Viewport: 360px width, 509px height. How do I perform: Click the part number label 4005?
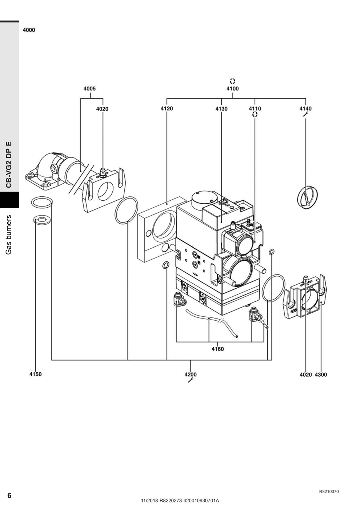(89, 89)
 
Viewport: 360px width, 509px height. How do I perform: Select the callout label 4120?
(167, 109)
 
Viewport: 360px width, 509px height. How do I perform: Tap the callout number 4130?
(221, 109)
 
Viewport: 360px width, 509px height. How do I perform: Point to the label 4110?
(255, 109)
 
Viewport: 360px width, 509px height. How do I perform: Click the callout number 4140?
(305, 109)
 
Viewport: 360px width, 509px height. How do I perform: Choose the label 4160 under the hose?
(218, 349)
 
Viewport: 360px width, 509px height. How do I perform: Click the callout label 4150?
(36, 374)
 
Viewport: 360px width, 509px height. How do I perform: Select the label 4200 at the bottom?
(191, 374)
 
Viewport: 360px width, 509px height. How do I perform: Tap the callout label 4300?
(321, 375)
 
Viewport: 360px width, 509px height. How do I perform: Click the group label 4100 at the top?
(232, 89)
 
